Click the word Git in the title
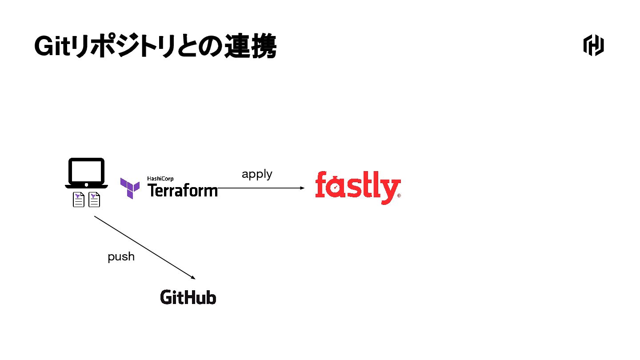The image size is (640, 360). pyautogui.click(x=52, y=46)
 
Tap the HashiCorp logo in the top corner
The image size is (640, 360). pyautogui.click(x=593, y=45)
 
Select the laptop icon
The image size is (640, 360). pyautogui.click(x=86, y=173)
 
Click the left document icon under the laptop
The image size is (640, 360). pyautogui.click(x=79, y=200)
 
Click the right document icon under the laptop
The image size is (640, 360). pyautogui.click(x=94, y=200)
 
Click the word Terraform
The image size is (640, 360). pyautogui.click(x=182, y=190)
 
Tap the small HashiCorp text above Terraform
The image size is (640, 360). pyautogui.click(x=160, y=179)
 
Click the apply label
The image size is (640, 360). pyautogui.click(x=257, y=174)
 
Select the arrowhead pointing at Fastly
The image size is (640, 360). pyautogui.click(x=302, y=188)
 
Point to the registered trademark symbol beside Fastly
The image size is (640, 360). pyautogui.click(x=399, y=196)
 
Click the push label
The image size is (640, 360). pyautogui.click(x=121, y=257)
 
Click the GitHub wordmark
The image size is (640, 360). pyautogui.click(x=188, y=297)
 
